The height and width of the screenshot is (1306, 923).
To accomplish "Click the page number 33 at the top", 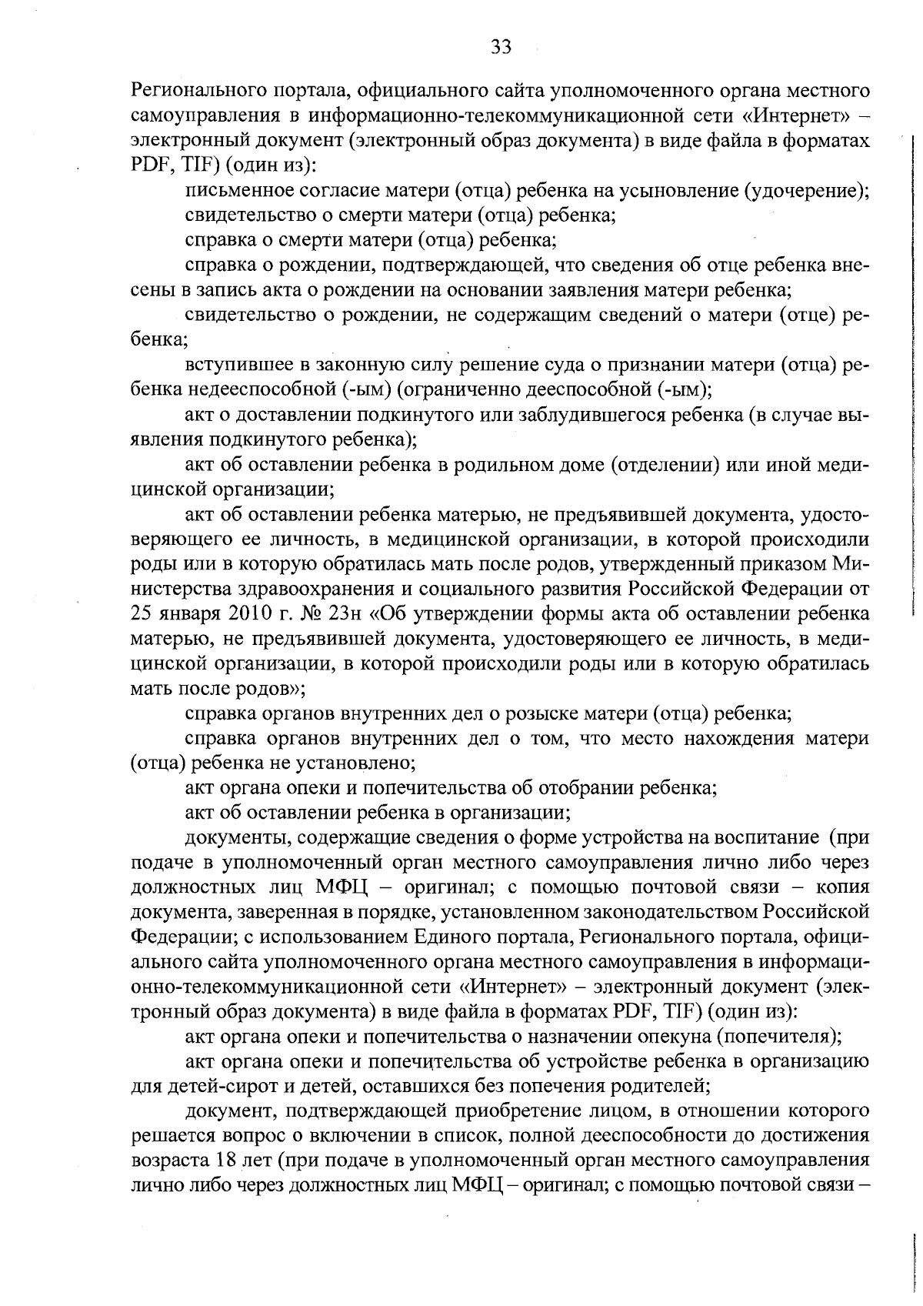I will pyautogui.click(x=501, y=48).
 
